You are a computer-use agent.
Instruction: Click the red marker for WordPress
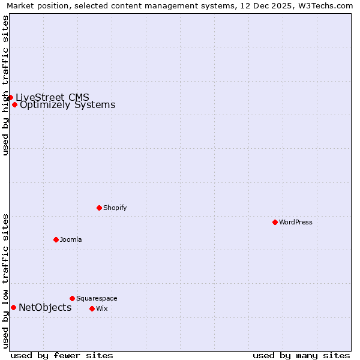[275, 222]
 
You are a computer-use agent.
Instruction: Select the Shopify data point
[99, 208]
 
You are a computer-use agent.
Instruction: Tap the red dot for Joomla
[56, 239]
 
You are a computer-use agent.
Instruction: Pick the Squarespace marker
[72, 298]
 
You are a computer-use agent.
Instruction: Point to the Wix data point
[92, 308]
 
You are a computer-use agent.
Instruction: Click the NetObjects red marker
[13, 308]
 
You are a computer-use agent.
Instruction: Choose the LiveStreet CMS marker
[10, 97]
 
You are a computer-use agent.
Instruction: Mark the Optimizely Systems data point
[14, 104]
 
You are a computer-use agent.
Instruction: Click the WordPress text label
[296, 223]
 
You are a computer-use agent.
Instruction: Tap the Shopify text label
[115, 208]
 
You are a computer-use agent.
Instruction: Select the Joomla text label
[71, 240]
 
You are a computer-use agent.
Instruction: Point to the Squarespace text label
[97, 299]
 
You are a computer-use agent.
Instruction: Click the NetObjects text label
[45, 308]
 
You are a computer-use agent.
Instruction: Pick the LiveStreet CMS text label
[53, 97]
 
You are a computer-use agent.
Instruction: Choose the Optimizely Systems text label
[68, 105]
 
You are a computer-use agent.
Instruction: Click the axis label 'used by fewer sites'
[62, 355]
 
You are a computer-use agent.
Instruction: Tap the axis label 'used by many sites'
[301, 355]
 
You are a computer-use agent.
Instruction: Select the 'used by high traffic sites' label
[5, 85]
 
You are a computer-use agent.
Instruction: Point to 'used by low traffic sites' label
[5, 281]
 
